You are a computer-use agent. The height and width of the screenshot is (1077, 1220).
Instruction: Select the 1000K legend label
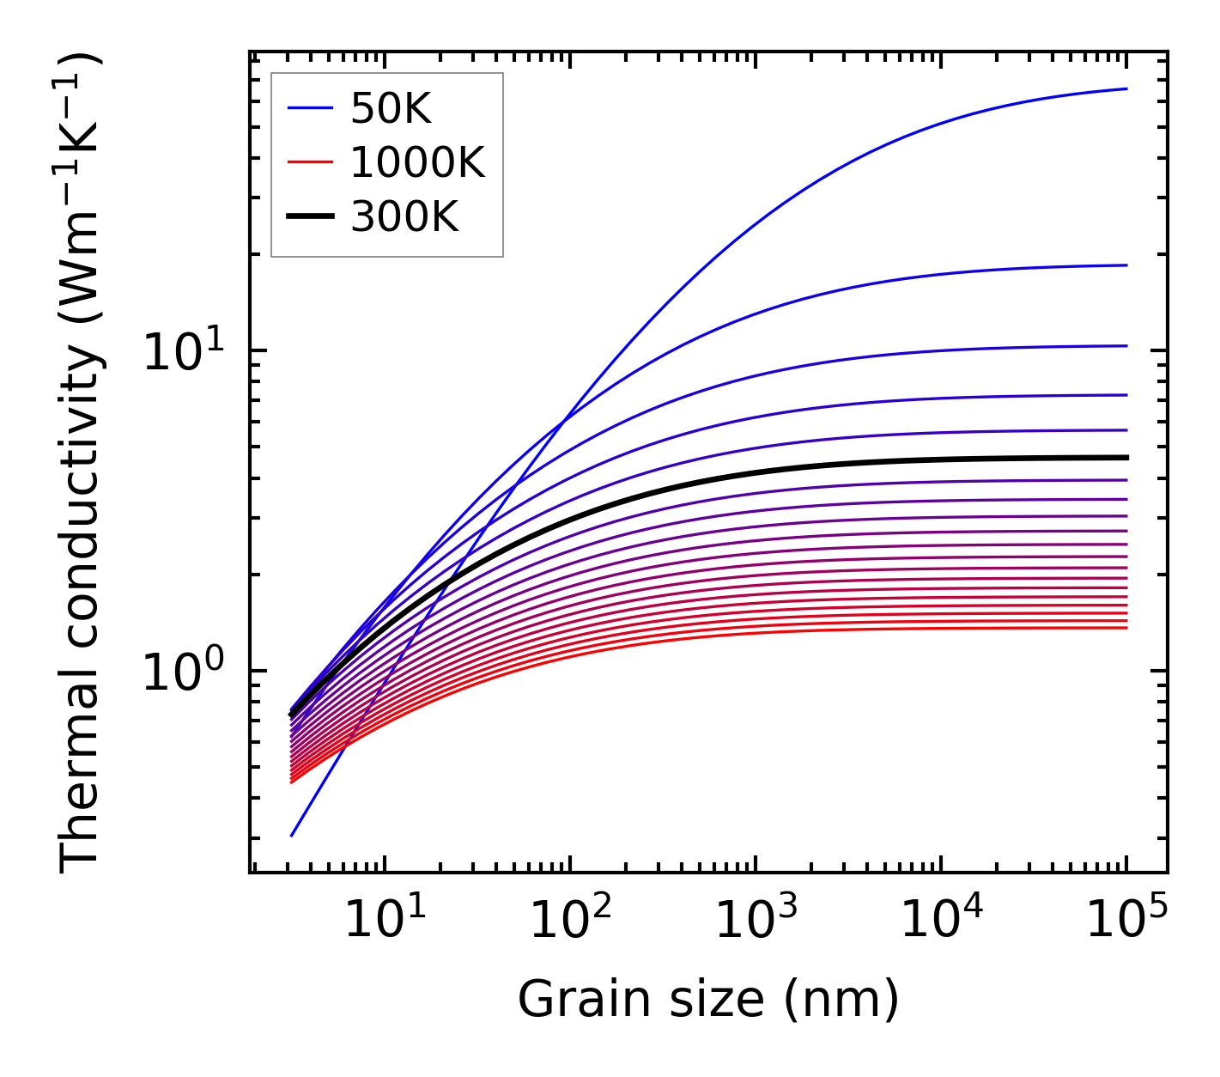coord(417,162)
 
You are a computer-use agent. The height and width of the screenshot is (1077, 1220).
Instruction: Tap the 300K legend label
coord(404,217)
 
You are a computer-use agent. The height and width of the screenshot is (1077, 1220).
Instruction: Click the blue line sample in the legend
coord(310,108)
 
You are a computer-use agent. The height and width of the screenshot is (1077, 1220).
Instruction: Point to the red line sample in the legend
coord(310,162)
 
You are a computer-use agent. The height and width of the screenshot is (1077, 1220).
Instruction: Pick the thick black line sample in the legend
coord(310,217)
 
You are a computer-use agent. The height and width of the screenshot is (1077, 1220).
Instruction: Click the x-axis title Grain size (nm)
coord(708,1000)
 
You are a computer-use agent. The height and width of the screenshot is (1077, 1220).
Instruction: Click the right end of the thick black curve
coord(1126,458)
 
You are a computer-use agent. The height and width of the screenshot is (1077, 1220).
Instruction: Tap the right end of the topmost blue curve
coord(1126,88)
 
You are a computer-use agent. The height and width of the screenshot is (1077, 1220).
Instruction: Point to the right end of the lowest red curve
coord(1126,628)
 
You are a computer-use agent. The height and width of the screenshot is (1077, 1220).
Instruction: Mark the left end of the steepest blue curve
coord(292,836)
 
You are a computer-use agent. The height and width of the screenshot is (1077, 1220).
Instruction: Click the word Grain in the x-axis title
coord(568,1000)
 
